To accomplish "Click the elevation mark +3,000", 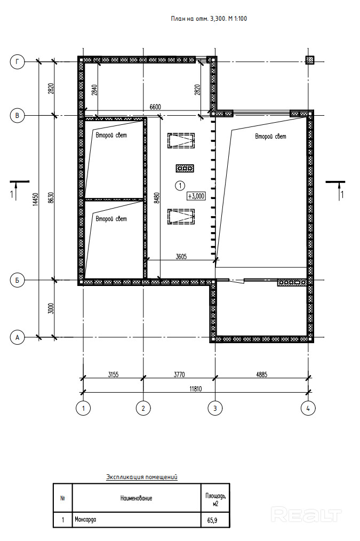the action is pos(196,196).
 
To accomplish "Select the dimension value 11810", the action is pos(196,389).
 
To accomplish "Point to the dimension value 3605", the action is pos(181,256).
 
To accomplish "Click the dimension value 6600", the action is pos(155,107).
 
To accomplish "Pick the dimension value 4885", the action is pos(261,375).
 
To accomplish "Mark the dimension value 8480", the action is pos(157,199).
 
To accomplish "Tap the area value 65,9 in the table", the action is pos(212,520).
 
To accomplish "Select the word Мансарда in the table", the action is pos(85,519).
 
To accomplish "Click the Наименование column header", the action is pos(136,498).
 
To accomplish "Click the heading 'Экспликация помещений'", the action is pos(142,477).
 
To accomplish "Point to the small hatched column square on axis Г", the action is pos(310,60).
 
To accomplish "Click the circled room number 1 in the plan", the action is pos(180,186).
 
